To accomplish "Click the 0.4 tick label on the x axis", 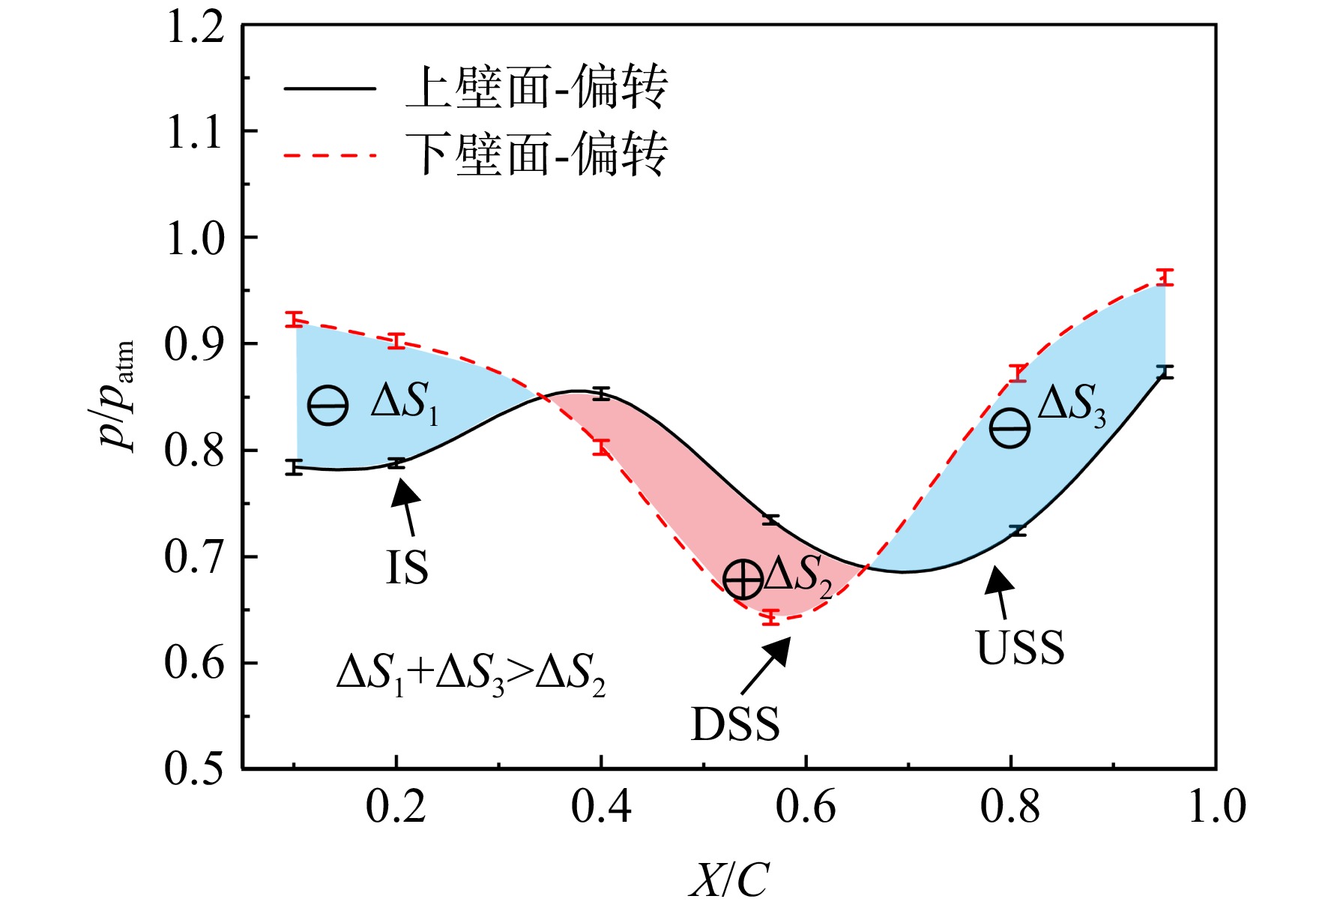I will pos(600,808).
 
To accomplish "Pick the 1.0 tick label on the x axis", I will pos(1216,808).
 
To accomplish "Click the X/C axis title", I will pos(728,879).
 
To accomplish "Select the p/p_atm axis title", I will pos(118,395).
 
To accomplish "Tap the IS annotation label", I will pos(407,568).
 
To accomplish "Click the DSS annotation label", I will pos(735,724).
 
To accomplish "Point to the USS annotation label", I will pos(1020,647).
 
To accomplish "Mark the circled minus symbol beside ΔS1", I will pos(328,406).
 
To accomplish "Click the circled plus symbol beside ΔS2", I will pos(743,579).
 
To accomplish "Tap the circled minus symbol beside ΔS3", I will pos(1009,428).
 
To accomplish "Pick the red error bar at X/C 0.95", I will pos(1165,277).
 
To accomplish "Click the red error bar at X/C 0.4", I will pos(601,448).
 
